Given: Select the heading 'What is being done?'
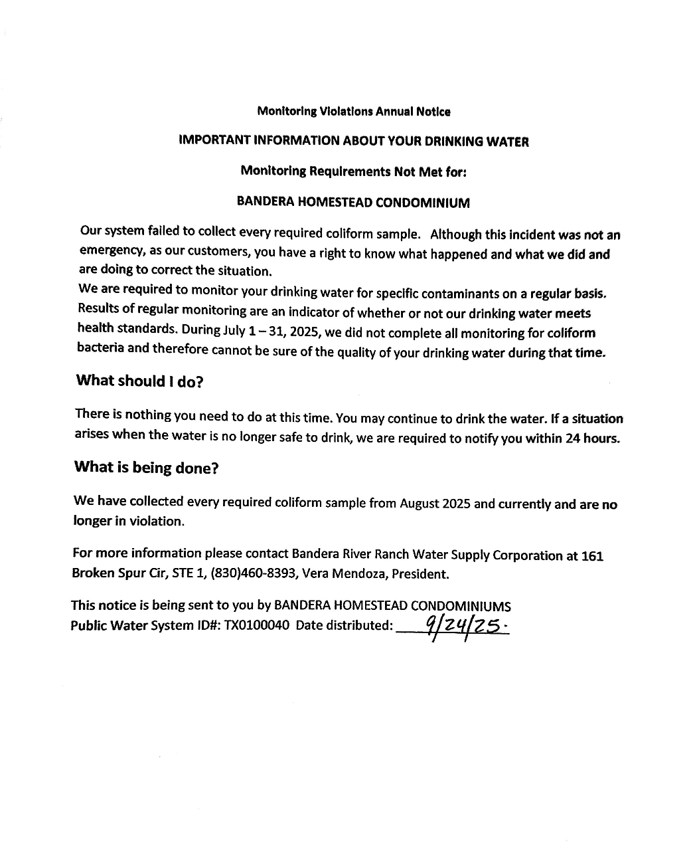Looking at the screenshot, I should pos(146,467).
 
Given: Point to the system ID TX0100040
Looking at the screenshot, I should pos(257,625).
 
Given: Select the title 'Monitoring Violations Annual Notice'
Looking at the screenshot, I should pos(353,112).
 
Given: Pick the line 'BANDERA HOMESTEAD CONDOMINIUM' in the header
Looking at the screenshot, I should pos(353,203).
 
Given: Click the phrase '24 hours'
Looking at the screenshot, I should pos(591,439).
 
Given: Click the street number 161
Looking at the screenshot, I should pos(592,555).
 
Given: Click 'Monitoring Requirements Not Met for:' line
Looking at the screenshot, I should pos(353,171).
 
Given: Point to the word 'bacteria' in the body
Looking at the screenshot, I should pos(100,348).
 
